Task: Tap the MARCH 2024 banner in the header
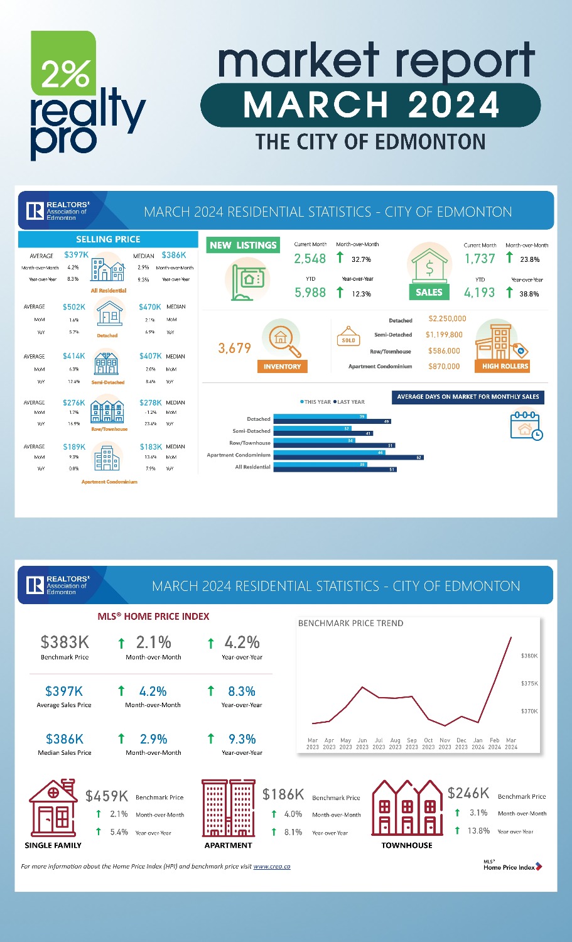tap(370, 105)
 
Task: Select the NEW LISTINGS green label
tap(243, 245)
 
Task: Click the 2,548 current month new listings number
tap(310, 258)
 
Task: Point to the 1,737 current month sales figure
tap(480, 258)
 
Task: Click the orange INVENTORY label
tap(282, 366)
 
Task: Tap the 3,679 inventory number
tap(235, 348)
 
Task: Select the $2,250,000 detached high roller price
tap(447, 319)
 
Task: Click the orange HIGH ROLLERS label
tap(505, 366)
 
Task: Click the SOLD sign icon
tap(348, 337)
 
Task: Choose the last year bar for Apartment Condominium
tap(348, 458)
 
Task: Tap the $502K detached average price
tap(74, 307)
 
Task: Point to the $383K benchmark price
tap(65, 642)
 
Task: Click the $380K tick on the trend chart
tap(529, 656)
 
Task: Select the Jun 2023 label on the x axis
tap(362, 744)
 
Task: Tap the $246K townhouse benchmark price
tap(468, 793)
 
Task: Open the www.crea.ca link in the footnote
tap(272, 867)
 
